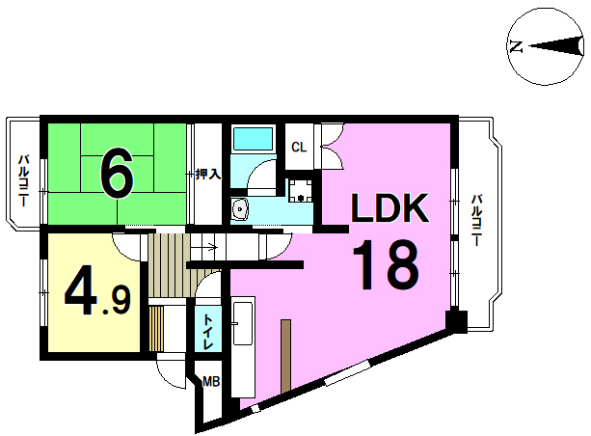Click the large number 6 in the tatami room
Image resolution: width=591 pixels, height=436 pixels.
tap(117, 173)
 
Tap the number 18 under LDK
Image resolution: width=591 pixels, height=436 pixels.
tap(386, 265)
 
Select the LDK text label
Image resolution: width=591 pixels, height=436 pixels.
tap(390, 207)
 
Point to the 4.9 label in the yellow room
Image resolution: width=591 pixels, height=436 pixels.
tap(97, 290)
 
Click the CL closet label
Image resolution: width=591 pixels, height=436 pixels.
tap(299, 147)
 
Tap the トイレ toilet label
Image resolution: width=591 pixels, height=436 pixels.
tap(208, 331)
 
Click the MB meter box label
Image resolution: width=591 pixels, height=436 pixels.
tap(211, 382)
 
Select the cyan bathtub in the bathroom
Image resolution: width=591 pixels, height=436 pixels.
tap(253, 138)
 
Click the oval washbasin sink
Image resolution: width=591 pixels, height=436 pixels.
tap(239, 208)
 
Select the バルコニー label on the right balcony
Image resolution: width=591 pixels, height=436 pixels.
tap(477, 220)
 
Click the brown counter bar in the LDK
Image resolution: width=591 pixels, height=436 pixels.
tap(286, 356)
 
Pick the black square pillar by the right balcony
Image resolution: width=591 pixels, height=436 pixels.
tap(456, 321)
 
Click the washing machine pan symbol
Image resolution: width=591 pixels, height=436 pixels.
tap(301, 190)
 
